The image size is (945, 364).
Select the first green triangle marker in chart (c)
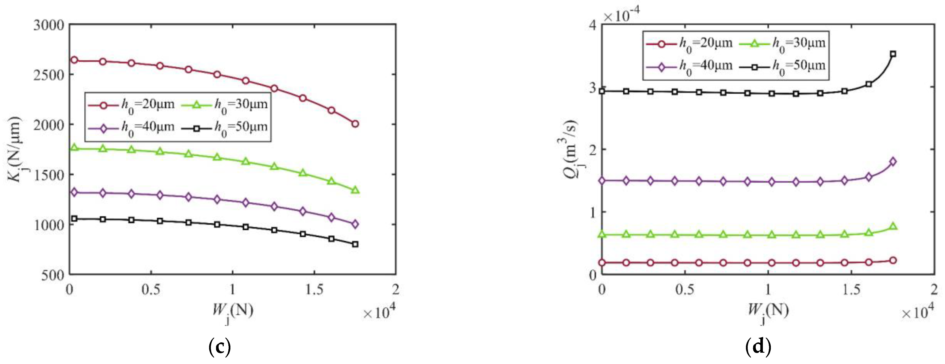[74, 148]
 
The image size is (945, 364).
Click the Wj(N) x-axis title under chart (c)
[232, 312]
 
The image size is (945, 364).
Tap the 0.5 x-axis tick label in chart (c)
[151, 290]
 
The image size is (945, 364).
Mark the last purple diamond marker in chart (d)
[893, 162]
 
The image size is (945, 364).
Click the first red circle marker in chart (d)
[602, 263]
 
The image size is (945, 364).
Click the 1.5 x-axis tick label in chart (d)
[851, 290]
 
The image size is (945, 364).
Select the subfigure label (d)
[758, 346]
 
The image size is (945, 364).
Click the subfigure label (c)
[219, 346]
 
